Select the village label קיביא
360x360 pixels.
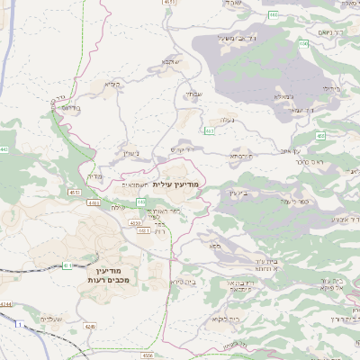click(x=112, y=85)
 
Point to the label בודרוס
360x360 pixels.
click(x=70, y=106)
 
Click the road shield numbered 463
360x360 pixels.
click(x=209, y=130)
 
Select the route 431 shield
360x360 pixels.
click(x=68, y=265)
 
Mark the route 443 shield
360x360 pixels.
click(x=4, y=149)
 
